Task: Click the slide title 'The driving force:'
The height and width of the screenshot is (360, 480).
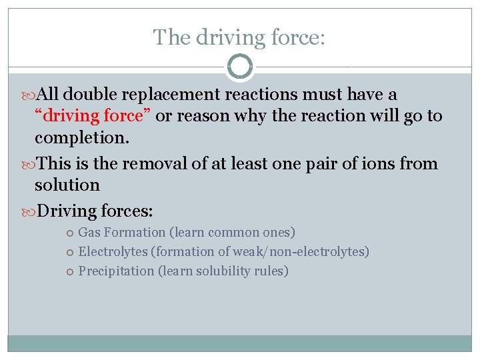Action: point(239,37)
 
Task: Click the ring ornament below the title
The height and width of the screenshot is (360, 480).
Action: point(240,67)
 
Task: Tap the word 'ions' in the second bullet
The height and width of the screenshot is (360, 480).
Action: point(381,164)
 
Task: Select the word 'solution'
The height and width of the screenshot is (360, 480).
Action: point(67,185)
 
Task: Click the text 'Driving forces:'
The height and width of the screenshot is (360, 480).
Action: point(95,212)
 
